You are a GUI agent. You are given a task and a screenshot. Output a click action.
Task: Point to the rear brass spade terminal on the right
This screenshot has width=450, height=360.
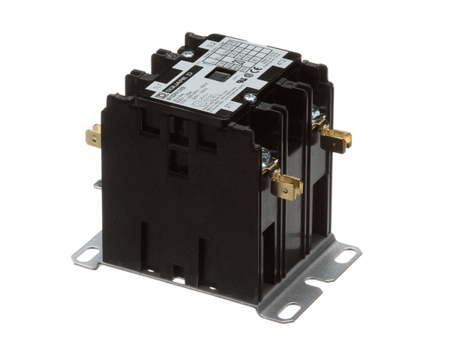tap(337, 137)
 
